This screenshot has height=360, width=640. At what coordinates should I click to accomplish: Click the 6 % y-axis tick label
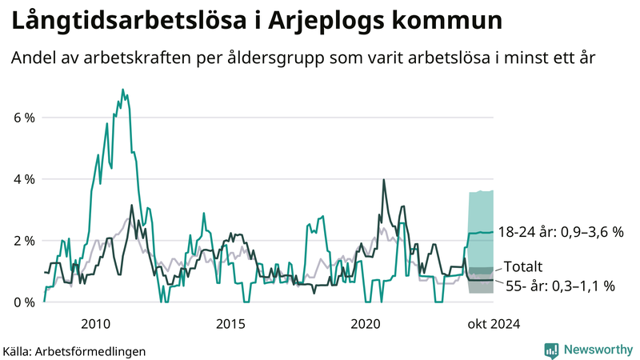point(23,118)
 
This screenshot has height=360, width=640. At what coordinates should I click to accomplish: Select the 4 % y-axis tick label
point(23,179)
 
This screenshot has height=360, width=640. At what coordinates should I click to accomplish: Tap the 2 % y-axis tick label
point(23,241)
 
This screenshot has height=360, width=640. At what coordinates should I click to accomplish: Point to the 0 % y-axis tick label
point(23,302)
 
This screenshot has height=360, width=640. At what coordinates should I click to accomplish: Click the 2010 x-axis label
point(95,324)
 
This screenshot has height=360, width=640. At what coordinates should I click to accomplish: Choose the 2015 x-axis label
point(230,324)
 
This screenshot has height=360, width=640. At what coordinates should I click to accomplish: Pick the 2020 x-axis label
point(366,324)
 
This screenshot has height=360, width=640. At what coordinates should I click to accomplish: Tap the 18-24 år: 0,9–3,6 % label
point(559,232)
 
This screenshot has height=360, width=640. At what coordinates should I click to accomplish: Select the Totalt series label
point(524,267)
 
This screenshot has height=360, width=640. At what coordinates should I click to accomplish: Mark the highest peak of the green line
point(122,90)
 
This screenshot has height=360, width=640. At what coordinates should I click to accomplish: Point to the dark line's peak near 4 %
point(384,180)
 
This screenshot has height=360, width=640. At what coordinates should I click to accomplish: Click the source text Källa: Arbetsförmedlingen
point(74,350)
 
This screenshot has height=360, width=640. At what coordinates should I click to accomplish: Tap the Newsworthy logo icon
point(551,350)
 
